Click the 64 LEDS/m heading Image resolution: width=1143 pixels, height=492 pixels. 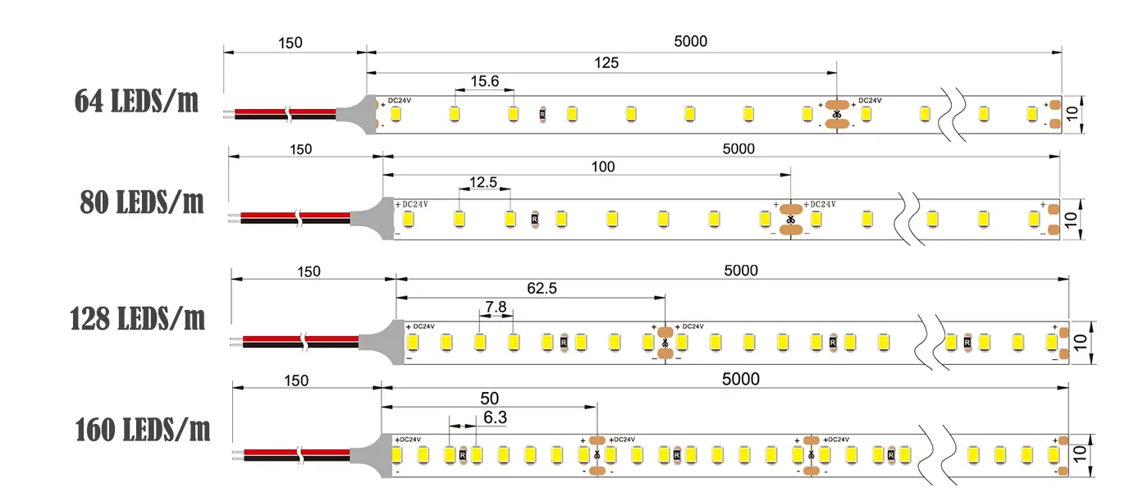(x=136, y=101)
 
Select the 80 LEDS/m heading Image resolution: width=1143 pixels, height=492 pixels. (x=141, y=202)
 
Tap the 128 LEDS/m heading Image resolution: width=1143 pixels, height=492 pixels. (x=137, y=319)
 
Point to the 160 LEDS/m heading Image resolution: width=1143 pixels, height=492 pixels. (x=143, y=430)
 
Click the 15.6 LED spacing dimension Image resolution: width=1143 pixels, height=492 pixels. (x=485, y=81)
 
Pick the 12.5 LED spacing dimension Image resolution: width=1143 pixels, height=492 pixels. (x=482, y=182)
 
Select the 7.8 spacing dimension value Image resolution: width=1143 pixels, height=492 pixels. (x=496, y=307)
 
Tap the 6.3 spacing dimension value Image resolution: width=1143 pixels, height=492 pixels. (x=495, y=417)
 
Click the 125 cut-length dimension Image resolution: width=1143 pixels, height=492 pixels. (x=606, y=62)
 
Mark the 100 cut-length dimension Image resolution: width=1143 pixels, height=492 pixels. (x=602, y=166)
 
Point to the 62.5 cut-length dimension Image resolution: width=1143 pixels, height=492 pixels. (x=542, y=289)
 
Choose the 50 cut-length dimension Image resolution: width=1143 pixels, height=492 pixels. (x=489, y=399)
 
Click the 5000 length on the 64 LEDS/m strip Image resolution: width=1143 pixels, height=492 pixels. (x=690, y=41)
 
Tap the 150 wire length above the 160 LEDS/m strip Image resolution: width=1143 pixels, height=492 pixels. (x=296, y=380)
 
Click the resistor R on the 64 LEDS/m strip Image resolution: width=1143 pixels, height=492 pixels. (x=542, y=115)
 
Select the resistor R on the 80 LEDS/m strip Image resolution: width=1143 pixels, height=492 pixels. (x=534, y=219)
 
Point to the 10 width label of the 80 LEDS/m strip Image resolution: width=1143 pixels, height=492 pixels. (x=1071, y=219)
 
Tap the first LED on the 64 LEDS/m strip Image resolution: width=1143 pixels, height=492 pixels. (x=395, y=114)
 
